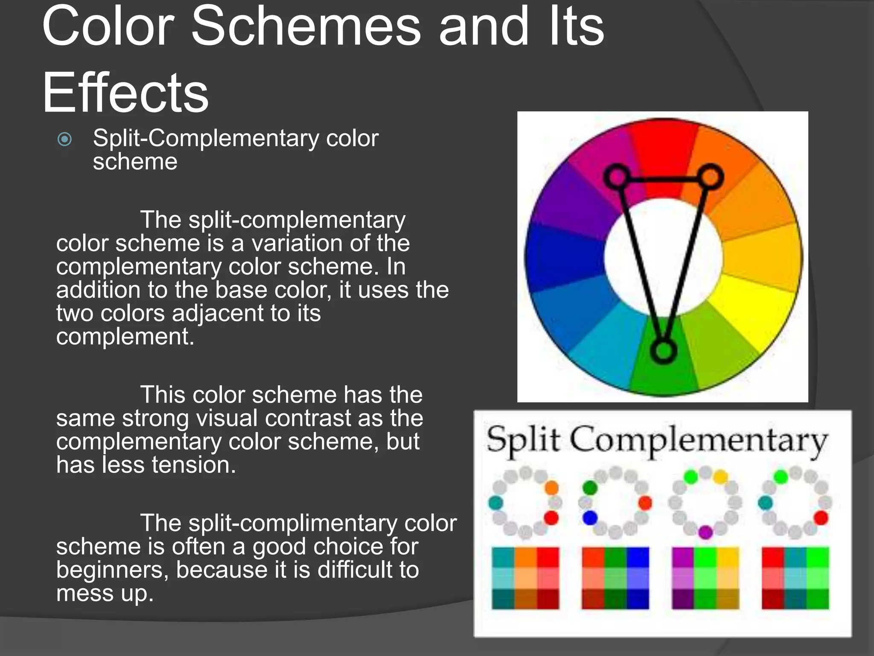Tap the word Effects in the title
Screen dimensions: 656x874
click(x=125, y=93)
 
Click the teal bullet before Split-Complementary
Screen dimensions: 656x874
click(x=65, y=139)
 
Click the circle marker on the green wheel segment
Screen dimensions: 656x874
click(x=663, y=351)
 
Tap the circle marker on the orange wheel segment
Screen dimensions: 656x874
click(x=711, y=176)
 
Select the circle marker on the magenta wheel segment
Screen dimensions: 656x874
click(x=617, y=176)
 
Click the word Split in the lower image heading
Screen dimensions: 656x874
click(x=523, y=440)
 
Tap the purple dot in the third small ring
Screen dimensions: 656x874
click(x=705, y=532)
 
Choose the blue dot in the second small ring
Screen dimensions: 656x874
click(x=590, y=518)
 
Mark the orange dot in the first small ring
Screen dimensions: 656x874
click(x=551, y=487)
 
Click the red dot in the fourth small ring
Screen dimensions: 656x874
click(x=821, y=518)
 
